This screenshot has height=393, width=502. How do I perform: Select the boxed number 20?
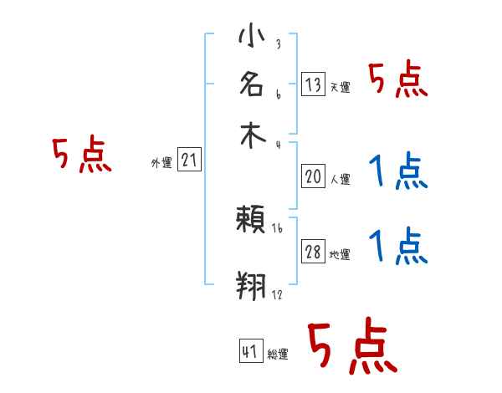tap(313, 176)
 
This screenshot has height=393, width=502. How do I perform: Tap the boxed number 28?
tap(313, 253)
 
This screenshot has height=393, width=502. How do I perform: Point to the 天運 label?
tap(340, 87)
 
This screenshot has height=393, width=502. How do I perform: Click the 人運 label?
tap(340, 179)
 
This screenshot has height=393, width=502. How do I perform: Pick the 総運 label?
tap(278, 355)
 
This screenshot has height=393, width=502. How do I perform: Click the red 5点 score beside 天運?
tap(398, 81)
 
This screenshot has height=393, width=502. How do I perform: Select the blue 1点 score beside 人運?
tap(398, 171)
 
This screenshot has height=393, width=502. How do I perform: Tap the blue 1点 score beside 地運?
tap(398, 247)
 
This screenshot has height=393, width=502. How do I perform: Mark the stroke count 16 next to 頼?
tap(277, 227)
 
